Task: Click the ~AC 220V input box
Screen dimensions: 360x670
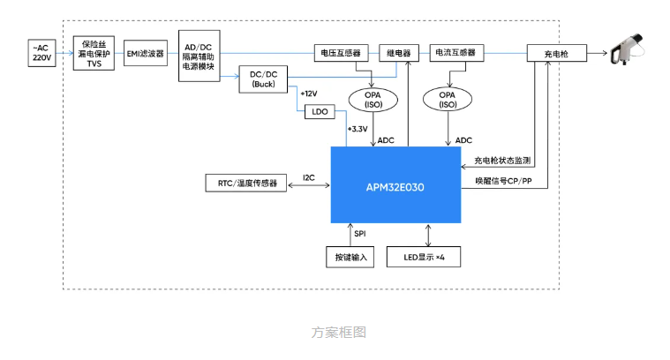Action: (x=41, y=53)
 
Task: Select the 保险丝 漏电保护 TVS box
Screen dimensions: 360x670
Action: (x=94, y=53)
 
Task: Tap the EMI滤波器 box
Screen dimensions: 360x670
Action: (x=145, y=53)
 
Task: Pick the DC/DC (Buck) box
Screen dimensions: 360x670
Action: (x=262, y=80)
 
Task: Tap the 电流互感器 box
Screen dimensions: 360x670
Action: (x=455, y=53)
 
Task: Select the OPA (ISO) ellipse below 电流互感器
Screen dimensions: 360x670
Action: (x=448, y=99)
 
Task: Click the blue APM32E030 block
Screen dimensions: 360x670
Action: (x=395, y=185)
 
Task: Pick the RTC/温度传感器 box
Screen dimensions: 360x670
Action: (x=242, y=184)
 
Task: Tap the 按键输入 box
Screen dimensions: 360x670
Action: (x=350, y=257)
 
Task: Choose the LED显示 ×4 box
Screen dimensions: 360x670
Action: (x=430, y=257)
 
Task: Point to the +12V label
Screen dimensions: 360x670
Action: (x=308, y=93)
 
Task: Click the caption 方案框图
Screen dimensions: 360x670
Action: (x=338, y=332)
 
